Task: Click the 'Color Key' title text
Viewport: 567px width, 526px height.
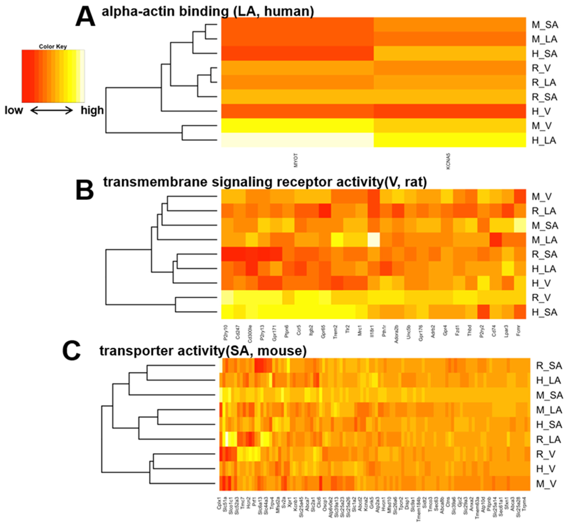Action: pos(53,46)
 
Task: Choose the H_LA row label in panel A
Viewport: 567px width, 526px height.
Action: pos(544,140)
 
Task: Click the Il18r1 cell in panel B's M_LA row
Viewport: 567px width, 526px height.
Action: pos(374,240)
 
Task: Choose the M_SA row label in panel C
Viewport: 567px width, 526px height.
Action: pos(549,395)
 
